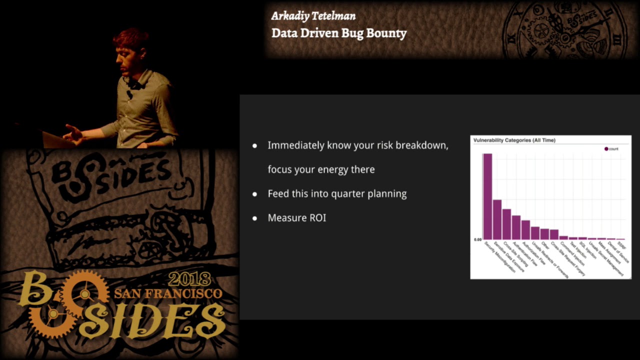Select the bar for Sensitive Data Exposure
click(497, 219)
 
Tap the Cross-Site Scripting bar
click(506, 224)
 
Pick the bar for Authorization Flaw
click(525, 230)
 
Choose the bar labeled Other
click(544, 234)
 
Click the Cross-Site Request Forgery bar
click(554, 234)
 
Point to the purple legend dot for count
click(606, 149)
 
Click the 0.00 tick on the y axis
click(477, 240)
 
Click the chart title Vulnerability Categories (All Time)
click(514, 140)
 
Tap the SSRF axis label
click(622, 245)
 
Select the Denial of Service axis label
click(618, 250)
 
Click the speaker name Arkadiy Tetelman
click(313, 16)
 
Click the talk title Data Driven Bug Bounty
click(339, 33)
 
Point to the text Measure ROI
click(297, 218)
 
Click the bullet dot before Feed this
click(255, 194)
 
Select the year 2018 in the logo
click(189, 278)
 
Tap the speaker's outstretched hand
click(73, 133)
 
